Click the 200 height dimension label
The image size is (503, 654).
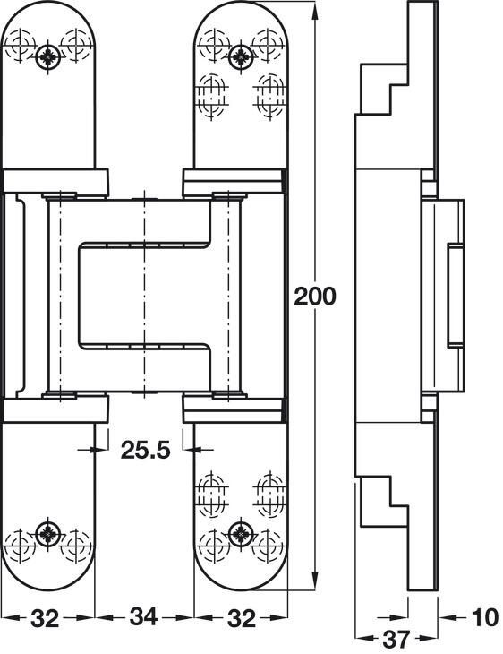(x=315, y=295)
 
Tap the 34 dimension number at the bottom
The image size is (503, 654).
(x=144, y=617)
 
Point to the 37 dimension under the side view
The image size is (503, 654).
(x=391, y=640)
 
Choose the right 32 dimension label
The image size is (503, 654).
(x=239, y=617)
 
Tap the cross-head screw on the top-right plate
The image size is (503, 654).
(x=239, y=58)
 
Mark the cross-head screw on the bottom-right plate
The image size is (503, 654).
(x=239, y=532)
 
